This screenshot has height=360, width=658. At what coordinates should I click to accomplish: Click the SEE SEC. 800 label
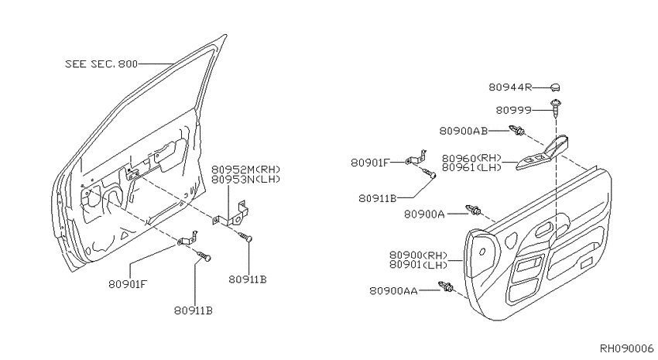[x=101, y=63]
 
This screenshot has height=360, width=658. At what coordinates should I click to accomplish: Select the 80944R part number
[x=510, y=87]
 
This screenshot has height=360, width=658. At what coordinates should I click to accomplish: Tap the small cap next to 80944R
[x=555, y=87]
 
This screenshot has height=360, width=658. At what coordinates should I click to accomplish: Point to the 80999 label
[x=514, y=110]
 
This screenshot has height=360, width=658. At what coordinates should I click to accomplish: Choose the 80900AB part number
[x=463, y=131]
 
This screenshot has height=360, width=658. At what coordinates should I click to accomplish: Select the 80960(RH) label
[x=471, y=158]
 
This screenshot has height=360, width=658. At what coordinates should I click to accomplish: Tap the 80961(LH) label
[x=471, y=167]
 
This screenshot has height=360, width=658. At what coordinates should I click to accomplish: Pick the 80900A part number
[x=424, y=214]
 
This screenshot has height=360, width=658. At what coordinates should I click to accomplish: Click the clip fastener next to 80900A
[x=473, y=210]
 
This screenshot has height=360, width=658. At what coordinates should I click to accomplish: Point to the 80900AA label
[x=393, y=291]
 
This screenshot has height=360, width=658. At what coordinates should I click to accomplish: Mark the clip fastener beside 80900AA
[x=446, y=287]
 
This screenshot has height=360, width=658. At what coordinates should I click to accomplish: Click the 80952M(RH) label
[x=245, y=170]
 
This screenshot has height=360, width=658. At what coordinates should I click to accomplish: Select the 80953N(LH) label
[x=245, y=179]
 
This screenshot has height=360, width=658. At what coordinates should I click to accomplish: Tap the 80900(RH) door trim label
[x=418, y=255]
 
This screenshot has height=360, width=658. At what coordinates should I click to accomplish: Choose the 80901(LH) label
[x=418, y=264]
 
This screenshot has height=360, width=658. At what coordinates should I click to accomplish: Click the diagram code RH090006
[x=626, y=348]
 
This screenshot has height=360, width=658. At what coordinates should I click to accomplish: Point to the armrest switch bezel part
[x=542, y=153]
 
